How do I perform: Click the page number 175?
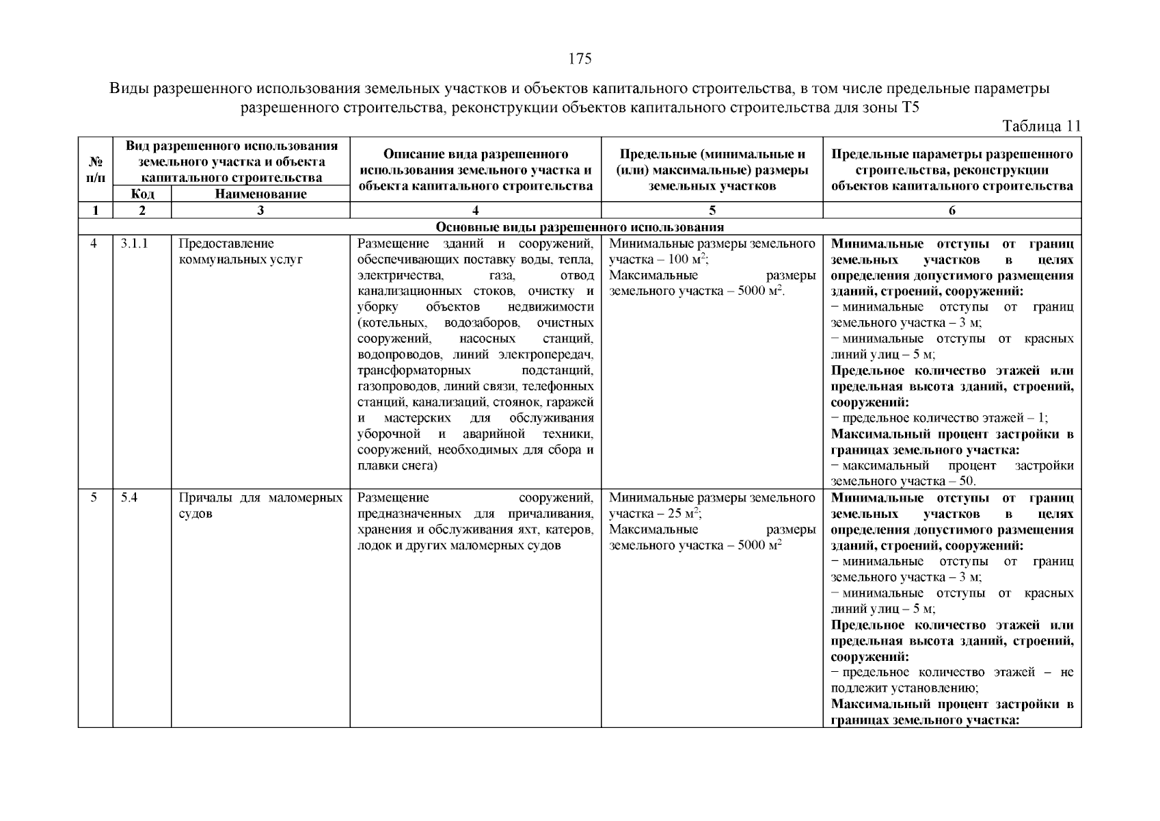[580, 59]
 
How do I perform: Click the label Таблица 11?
[1041, 126]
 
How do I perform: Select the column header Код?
[142, 194]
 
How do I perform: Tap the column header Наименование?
[260, 194]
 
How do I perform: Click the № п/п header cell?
[96, 170]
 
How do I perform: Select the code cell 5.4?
[129, 498]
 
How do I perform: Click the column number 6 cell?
[952, 211]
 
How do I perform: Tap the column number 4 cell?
[475, 211]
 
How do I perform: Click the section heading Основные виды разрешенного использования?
[580, 227]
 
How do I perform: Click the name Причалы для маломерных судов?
[260, 506]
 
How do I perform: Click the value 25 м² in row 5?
[684, 514]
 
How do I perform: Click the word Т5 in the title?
[908, 108]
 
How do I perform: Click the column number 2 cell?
[142, 211]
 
